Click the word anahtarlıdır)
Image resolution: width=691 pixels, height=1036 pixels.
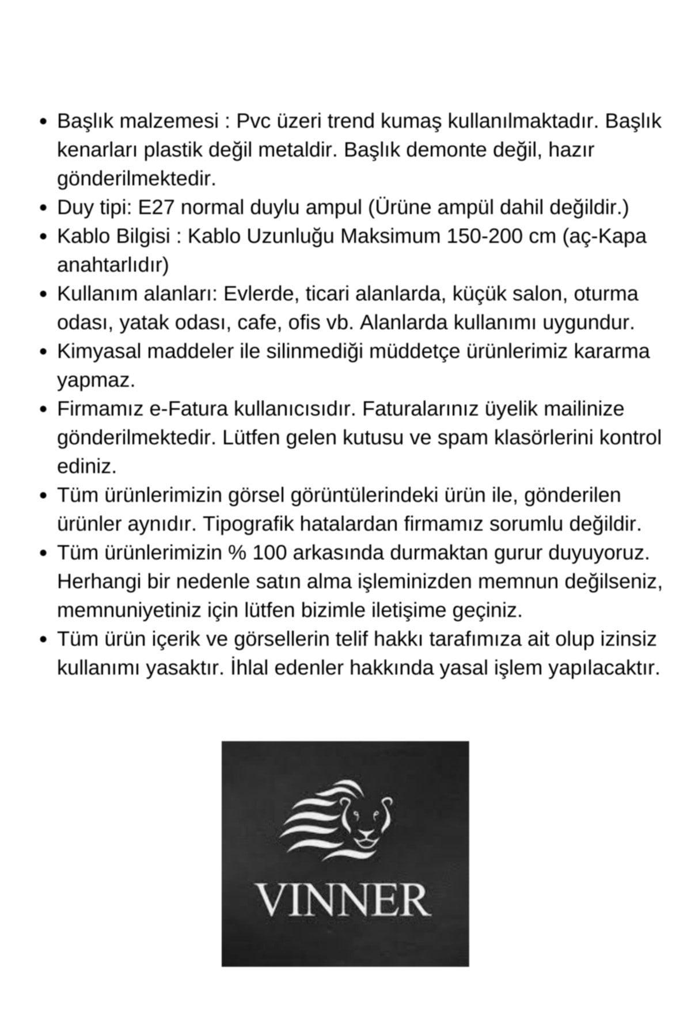(113, 265)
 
